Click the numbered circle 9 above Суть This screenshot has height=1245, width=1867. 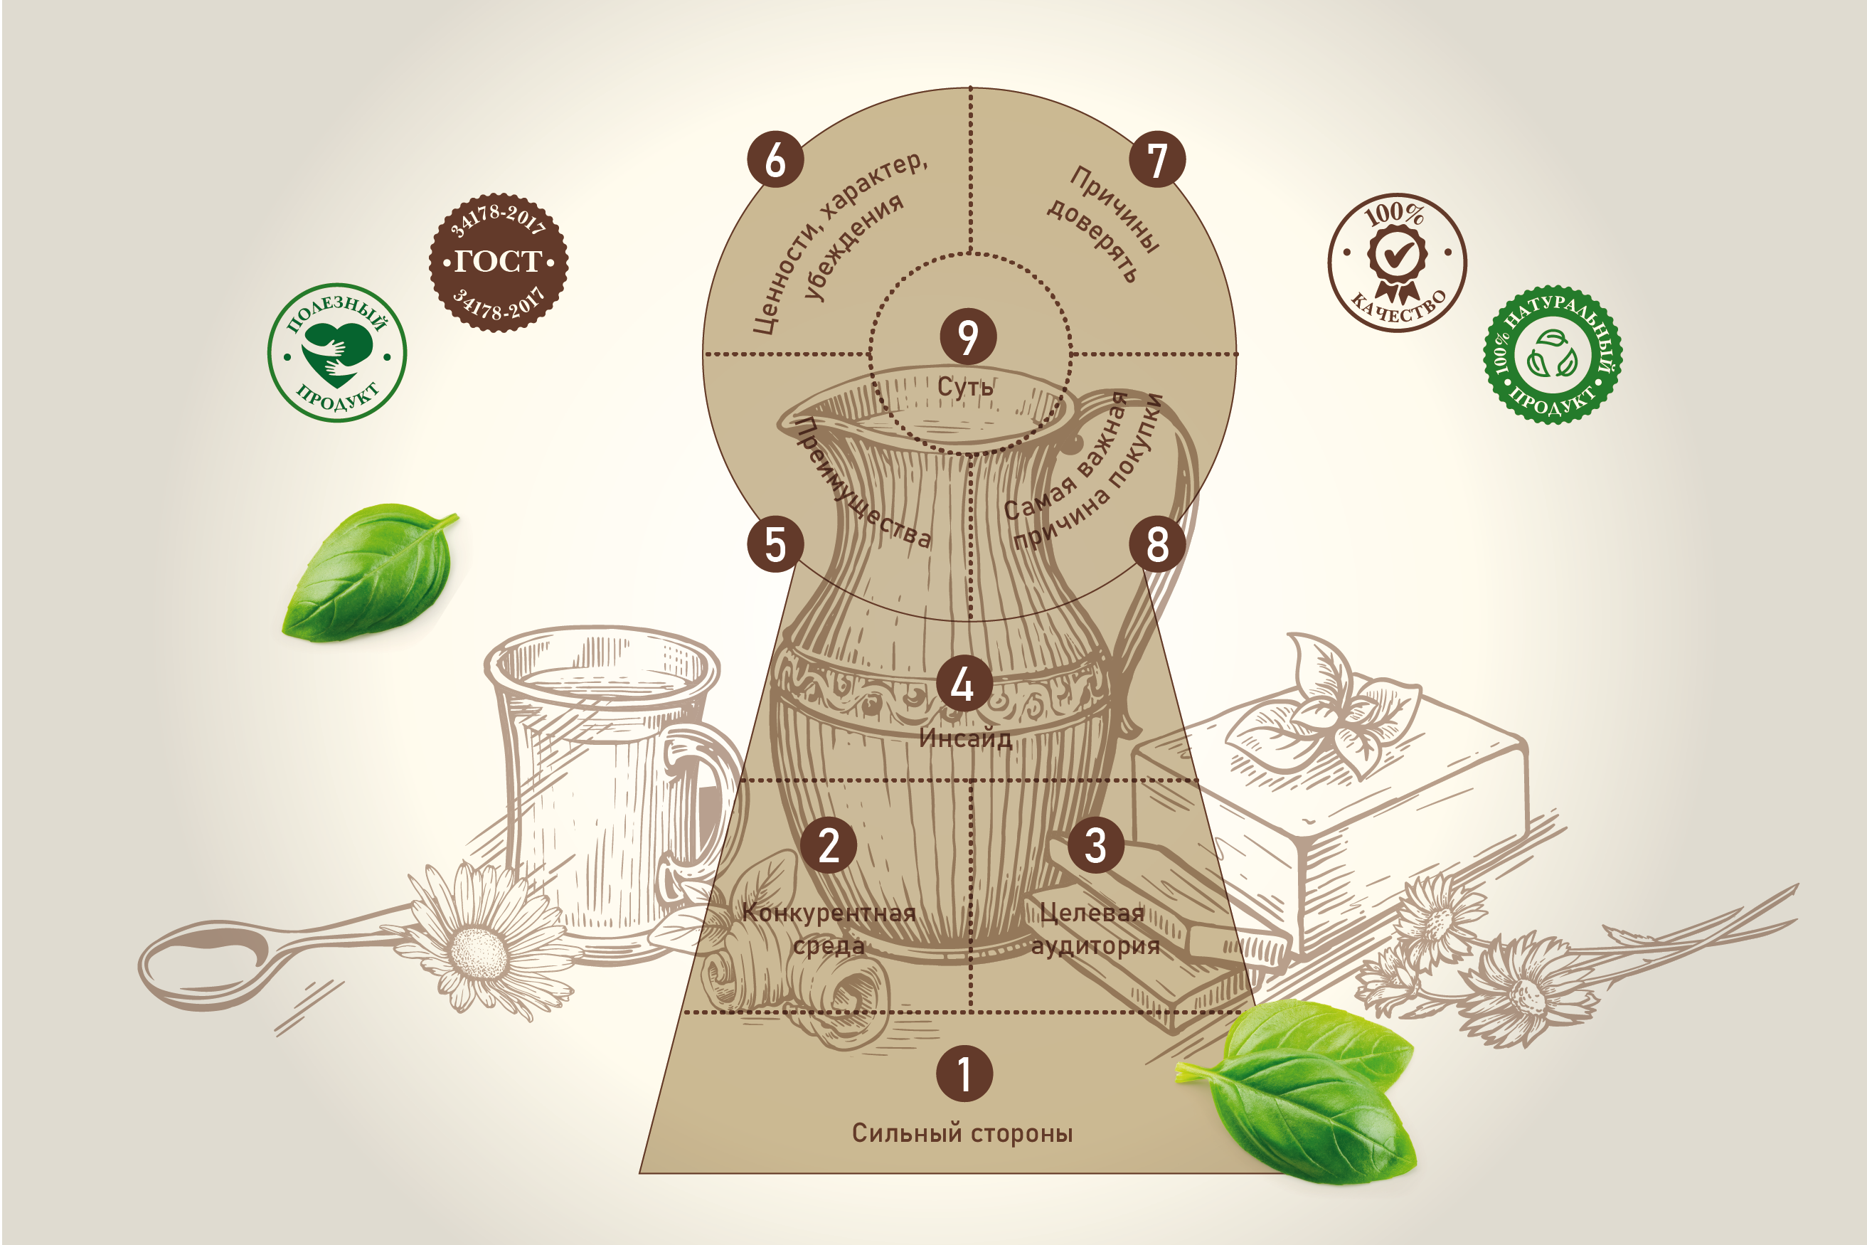pos(967,337)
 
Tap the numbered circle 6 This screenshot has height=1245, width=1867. pos(775,159)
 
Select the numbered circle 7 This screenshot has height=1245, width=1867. pos(1157,159)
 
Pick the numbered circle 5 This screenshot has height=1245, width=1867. pos(775,544)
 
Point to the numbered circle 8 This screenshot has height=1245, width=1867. pos(1157,544)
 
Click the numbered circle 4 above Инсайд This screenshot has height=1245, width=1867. pos(964,684)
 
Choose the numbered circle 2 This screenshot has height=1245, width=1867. pos(829,845)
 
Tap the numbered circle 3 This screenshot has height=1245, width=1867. pos(1095,845)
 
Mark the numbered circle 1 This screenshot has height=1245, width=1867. pos(964,1074)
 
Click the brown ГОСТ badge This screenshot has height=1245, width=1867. pos(499,262)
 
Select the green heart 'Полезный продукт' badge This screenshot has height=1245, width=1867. pos(336,353)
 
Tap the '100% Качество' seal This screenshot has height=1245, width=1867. pos(1397,263)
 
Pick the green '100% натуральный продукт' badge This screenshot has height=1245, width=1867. pos(1553,355)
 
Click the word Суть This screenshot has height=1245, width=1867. pos(965,388)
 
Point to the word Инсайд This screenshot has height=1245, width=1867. pos(965,738)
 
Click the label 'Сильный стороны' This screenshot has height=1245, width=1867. pos(962,1133)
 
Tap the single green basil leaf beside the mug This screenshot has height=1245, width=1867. pos(369,572)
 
